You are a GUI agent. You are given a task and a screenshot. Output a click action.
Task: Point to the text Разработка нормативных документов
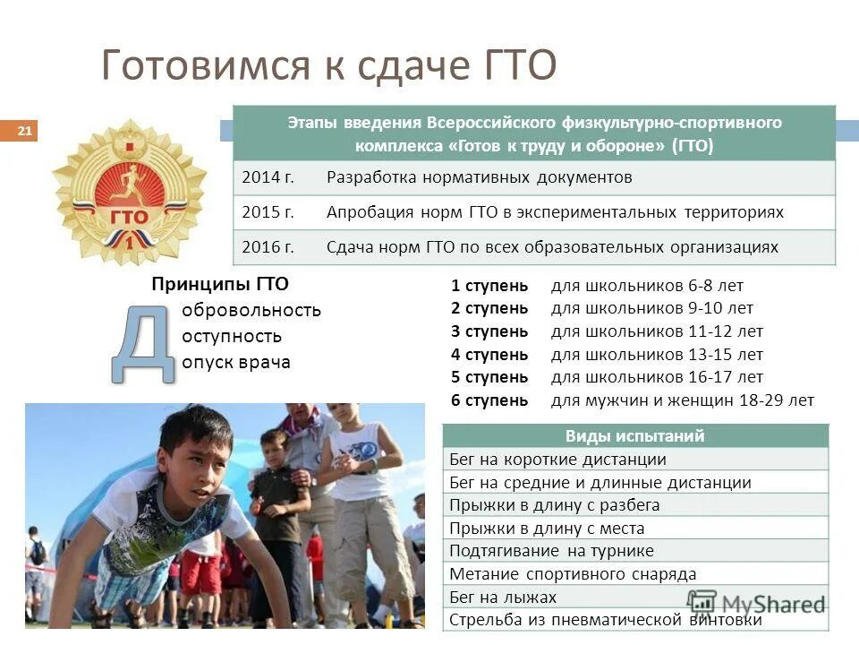[479, 177]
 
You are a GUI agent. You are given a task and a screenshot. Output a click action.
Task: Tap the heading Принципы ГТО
[220, 285]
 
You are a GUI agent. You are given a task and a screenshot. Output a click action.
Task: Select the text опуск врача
[236, 363]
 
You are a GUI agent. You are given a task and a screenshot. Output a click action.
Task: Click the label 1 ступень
[489, 286]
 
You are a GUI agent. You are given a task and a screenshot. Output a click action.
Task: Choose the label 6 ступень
[489, 400]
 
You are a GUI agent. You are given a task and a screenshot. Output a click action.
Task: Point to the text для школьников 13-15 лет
[657, 355]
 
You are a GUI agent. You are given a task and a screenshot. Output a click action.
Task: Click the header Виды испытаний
[634, 436]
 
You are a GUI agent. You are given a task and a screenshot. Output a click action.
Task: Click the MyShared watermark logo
[757, 603]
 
